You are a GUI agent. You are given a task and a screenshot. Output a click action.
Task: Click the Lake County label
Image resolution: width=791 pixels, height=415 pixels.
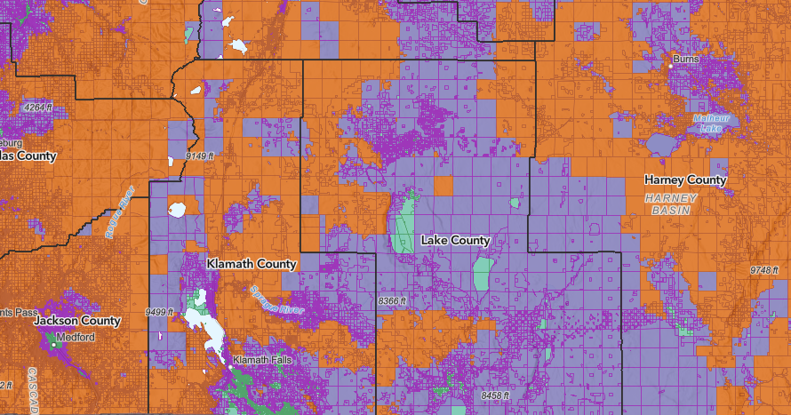[x=455, y=241]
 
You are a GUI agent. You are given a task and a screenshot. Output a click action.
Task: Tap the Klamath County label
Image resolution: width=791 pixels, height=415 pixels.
[x=251, y=264]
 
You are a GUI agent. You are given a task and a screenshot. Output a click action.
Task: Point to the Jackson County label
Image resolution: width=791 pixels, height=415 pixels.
[x=77, y=321]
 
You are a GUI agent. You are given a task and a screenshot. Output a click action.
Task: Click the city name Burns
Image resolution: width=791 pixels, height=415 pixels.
[x=686, y=59]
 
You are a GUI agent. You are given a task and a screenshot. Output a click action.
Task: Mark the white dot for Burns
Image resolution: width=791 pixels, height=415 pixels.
[x=671, y=65]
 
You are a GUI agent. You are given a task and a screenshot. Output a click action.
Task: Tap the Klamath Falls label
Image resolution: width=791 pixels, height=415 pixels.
[x=262, y=360]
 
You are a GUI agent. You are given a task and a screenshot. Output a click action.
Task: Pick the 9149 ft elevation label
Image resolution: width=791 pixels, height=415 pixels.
[x=200, y=156]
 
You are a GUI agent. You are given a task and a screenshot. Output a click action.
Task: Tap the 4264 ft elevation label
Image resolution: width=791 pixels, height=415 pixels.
[x=38, y=107]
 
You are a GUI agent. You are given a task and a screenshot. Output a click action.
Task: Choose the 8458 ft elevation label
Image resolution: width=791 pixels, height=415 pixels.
[x=494, y=395]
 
